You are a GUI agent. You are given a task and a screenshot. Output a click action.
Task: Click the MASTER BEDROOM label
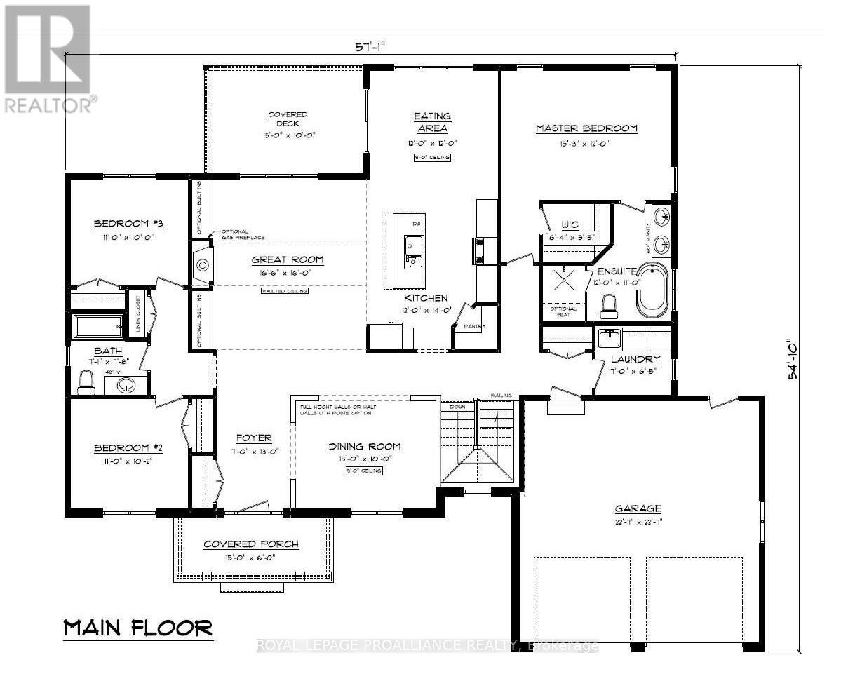(586, 128)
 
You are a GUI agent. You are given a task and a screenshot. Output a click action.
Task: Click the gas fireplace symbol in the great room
(202, 265)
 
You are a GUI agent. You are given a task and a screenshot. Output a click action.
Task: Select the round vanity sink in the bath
(126, 385)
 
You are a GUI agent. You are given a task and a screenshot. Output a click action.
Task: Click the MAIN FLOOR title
(138, 627)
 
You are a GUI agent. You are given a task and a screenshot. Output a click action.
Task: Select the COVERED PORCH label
(251, 544)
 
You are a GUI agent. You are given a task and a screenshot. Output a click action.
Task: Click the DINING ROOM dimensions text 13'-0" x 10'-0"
(364, 459)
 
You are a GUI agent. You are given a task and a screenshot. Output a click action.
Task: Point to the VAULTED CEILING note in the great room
(284, 291)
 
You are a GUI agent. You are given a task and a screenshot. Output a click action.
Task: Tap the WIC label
(570, 225)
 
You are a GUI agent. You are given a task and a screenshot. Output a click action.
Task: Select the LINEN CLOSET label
(139, 311)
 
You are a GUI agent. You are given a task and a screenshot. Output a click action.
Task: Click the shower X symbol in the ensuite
(565, 280)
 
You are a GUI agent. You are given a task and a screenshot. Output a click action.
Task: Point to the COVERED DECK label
(288, 119)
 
